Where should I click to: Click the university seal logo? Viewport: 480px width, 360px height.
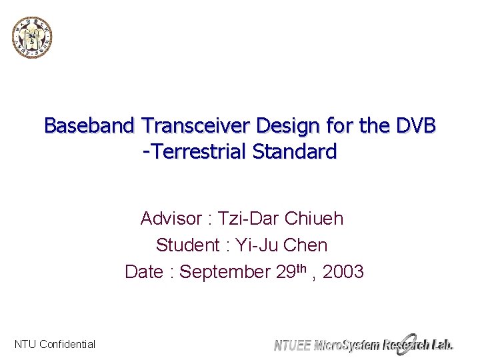[31, 37]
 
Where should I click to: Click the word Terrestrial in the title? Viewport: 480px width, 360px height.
[200, 152]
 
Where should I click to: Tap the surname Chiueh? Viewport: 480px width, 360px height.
[314, 219]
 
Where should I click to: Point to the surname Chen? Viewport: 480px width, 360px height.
[305, 245]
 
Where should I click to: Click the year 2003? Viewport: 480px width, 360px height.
[341, 272]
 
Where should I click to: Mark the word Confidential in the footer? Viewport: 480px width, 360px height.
[67, 345]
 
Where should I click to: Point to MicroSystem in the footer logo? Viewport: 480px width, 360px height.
[346, 345]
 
